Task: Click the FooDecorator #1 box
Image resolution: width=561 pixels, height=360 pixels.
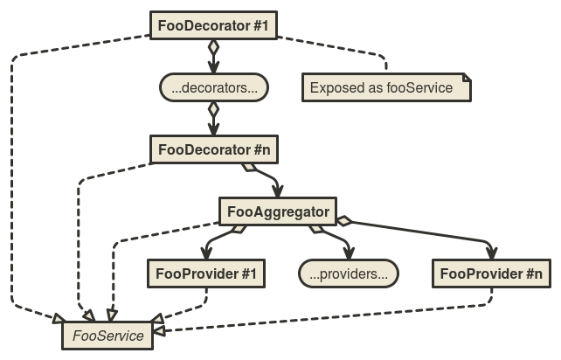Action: tap(214, 25)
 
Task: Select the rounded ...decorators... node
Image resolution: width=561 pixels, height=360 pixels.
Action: tap(214, 87)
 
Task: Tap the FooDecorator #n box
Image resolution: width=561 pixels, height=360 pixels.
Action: tap(214, 149)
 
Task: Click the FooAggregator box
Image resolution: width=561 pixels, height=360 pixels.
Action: tap(277, 211)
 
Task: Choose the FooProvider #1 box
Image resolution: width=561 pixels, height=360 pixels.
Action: tap(205, 273)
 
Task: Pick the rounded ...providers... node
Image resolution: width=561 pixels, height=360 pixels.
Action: tap(349, 273)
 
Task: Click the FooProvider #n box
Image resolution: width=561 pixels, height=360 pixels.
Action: tap(491, 273)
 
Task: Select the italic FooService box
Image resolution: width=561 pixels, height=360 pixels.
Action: tap(108, 336)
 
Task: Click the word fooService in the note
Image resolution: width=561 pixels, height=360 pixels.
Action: tap(419, 87)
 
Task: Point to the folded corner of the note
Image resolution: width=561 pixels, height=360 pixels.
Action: tap(466, 79)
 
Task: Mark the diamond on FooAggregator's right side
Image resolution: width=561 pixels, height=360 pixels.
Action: tap(344, 221)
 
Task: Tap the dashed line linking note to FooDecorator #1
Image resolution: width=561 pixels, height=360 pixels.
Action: tap(350, 49)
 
